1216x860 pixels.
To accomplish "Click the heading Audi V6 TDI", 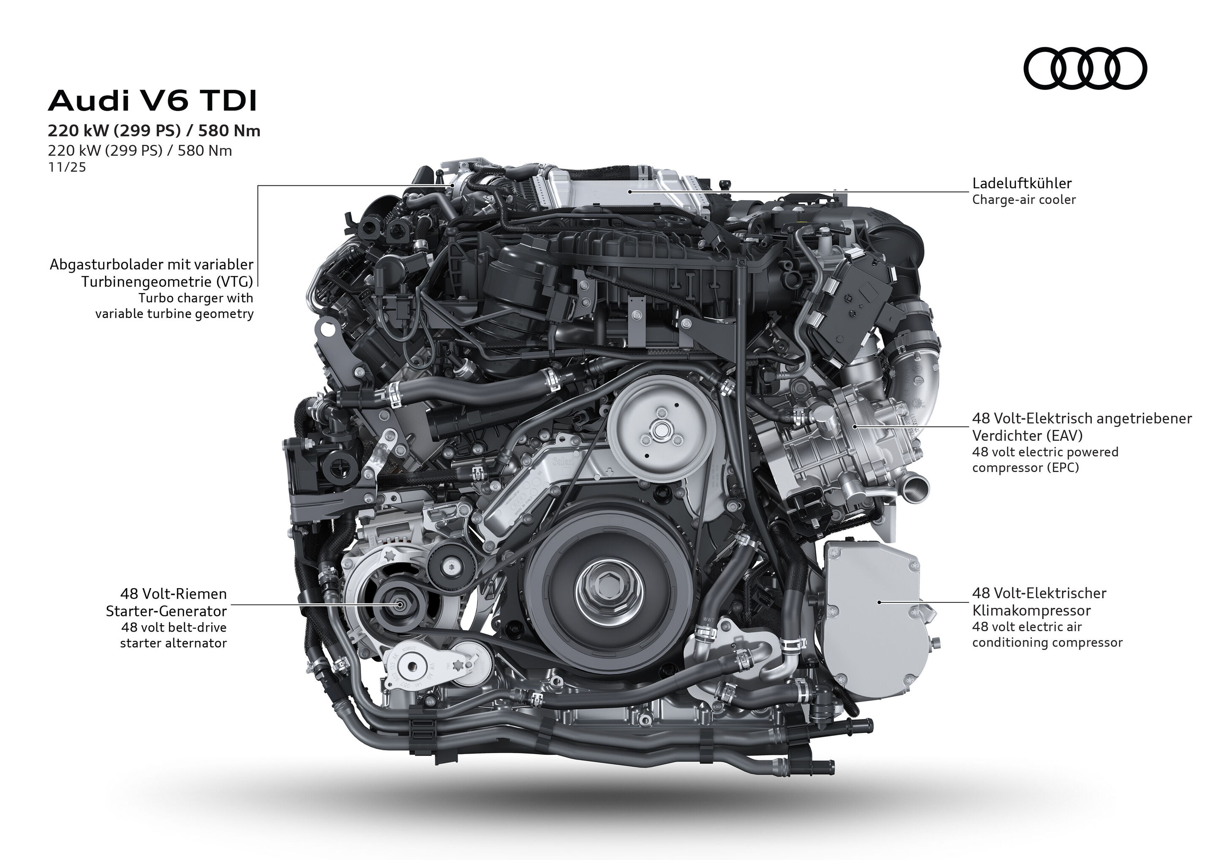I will pyautogui.click(x=152, y=101).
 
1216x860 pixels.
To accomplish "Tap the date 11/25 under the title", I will pyautogui.click(x=67, y=167).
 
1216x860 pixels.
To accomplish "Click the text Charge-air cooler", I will pyautogui.click(x=1023, y=200).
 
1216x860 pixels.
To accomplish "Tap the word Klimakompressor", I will pyautogui.click(x=1031, y=610).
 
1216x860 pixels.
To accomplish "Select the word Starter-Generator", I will pyautogui.click(x=166, y=610).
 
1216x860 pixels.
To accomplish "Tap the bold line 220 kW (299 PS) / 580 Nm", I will pyautogui.click(x=154, y=131).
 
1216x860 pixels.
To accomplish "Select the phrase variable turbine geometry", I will pyautogui.click(x=174, y=314).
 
